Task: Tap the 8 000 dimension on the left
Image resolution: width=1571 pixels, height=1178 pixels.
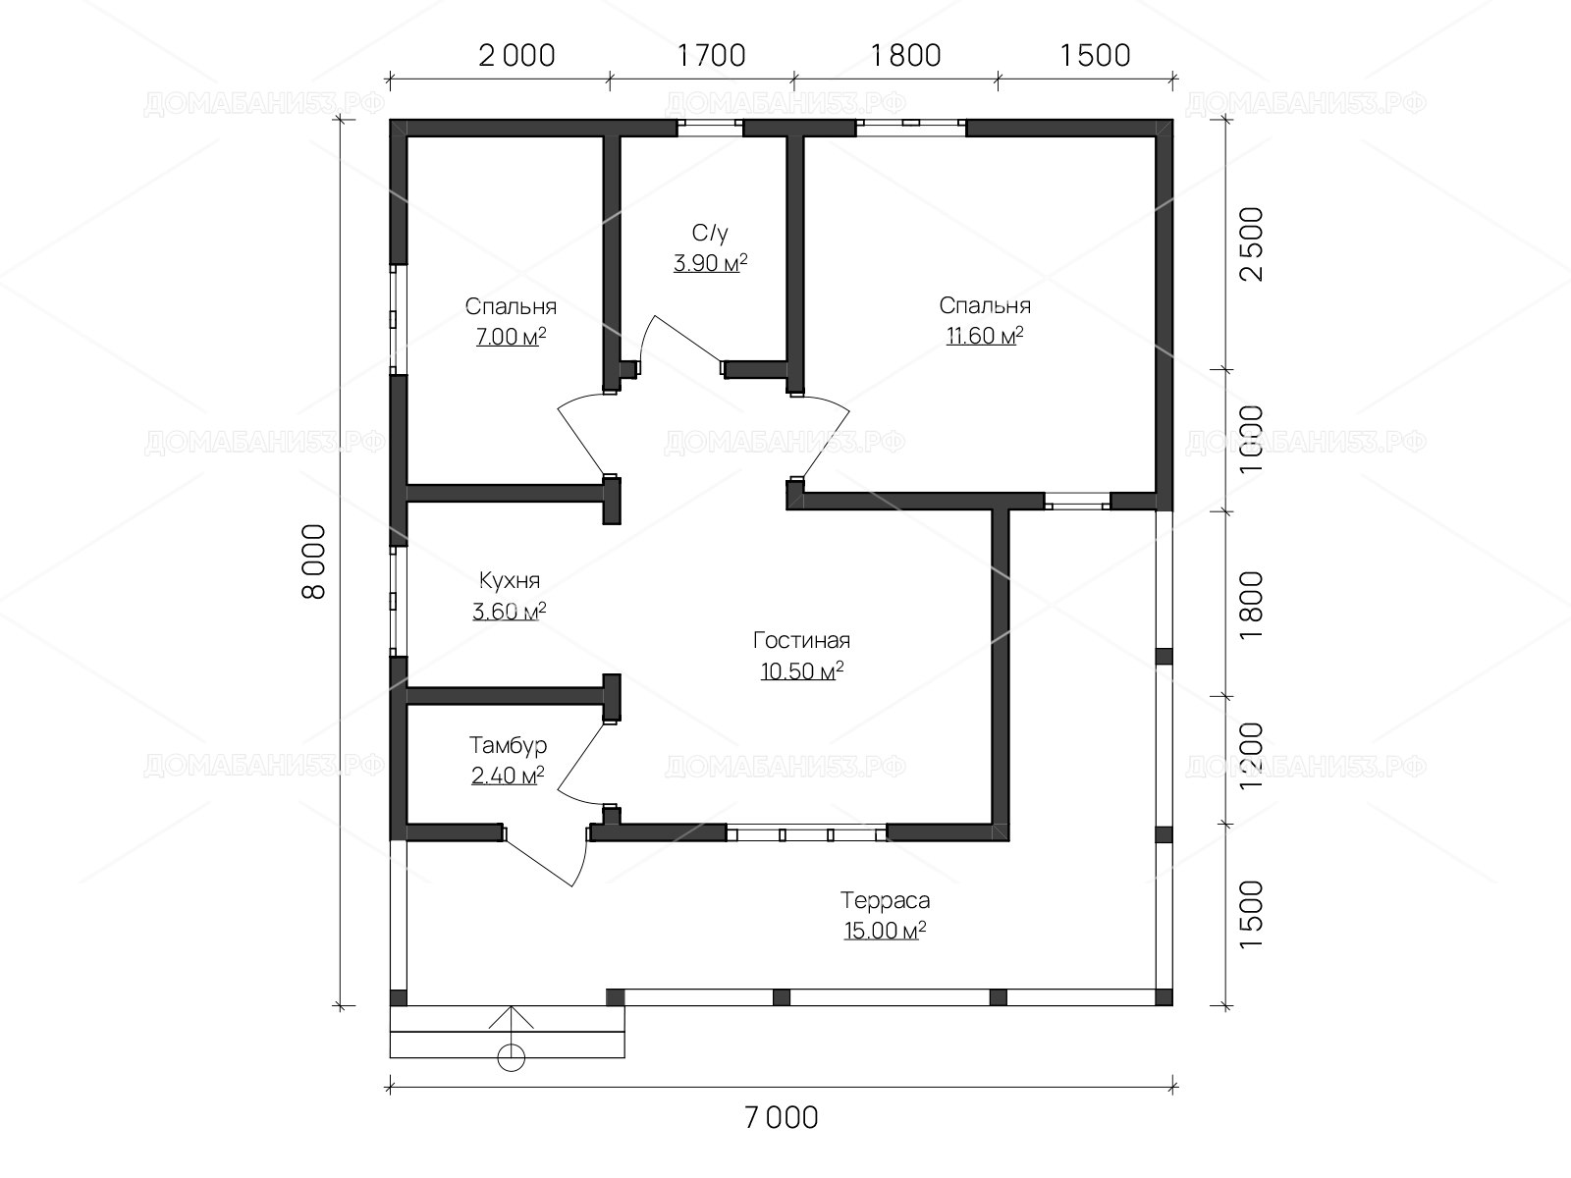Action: pos(313,562)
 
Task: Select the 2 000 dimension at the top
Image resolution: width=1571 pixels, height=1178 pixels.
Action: pos(516,56)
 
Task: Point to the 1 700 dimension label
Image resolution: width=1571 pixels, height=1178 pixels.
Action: pos(712,56)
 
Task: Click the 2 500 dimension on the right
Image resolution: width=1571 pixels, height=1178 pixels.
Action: pos(1252,243)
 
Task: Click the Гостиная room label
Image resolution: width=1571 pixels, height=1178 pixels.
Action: pos(801,640)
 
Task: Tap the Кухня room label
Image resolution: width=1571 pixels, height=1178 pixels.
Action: pos(509,580)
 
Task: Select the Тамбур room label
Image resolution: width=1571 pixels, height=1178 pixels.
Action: pos(509,745)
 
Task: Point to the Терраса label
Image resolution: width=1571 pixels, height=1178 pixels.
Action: pos(886,900)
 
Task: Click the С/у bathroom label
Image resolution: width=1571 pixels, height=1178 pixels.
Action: pos(710,233)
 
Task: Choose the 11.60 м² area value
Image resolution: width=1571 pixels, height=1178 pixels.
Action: pos(985,336)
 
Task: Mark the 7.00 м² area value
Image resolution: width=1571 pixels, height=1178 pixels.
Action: pos(511,336)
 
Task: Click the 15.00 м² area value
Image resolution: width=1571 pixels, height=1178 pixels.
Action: pos(886,931)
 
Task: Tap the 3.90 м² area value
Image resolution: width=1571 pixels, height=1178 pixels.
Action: pos(710,263)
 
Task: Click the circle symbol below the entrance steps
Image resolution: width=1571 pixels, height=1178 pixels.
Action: pos(511,1057)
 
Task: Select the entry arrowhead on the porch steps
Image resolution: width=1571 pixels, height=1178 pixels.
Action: pos(511,1017)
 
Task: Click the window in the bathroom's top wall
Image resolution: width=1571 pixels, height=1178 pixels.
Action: pos(710,128)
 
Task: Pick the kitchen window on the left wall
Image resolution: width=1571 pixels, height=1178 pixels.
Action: pos(398,601)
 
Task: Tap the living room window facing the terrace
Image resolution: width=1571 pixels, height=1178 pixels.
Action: pos(807,832)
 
